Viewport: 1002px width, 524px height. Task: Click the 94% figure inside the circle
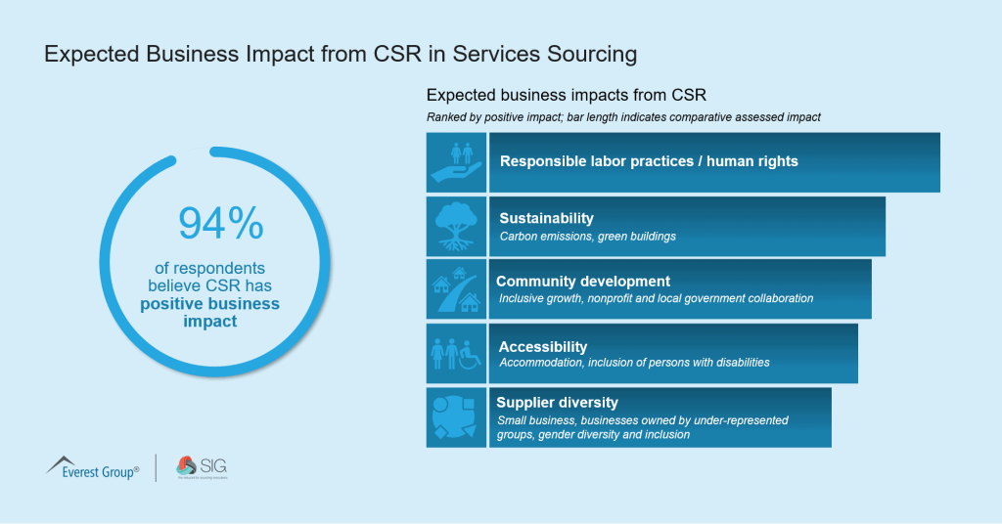[x=220, y=223]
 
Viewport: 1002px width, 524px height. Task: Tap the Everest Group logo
[x=93, y=467]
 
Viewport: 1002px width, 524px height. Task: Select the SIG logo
[x=201, y=467]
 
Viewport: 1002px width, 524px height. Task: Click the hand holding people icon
[x=457, y=162]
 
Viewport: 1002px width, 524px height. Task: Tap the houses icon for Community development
[x=457, y=289]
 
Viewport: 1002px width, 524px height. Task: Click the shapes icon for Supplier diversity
[x=457, y=417]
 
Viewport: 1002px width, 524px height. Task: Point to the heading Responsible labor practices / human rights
[x=649, y=161]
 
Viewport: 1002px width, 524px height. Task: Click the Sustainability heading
[x=546, y=218]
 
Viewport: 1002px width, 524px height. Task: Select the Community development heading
[x=583, y=282]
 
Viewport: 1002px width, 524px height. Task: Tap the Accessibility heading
[x=543, y=346]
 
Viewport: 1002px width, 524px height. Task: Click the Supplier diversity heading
[x=557, y=402]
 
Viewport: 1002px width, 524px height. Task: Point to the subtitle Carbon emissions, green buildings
[x=587, y=237]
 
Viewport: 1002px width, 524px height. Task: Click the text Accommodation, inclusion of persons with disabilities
[x=634, y=363]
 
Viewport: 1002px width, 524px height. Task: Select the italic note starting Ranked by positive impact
[x=623, y=117]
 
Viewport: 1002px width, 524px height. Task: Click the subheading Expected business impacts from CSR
[x=567, y=96]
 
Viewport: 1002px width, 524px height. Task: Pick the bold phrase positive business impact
[x=209, y=312]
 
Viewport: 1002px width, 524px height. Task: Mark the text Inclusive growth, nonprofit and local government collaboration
[x=656, y=299]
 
